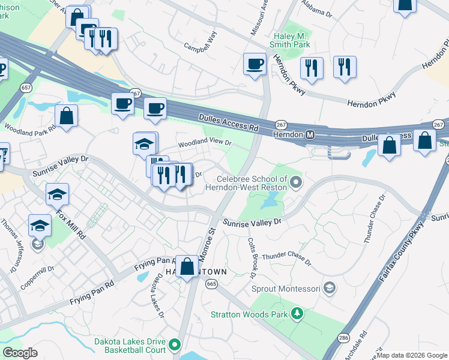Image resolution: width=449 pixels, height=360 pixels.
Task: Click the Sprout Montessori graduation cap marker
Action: point(328,289)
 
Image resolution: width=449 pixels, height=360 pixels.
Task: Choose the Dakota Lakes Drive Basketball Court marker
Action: point(175,344)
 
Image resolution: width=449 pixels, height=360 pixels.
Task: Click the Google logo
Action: point(20,353)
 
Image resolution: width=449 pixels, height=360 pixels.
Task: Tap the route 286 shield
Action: point(343,337)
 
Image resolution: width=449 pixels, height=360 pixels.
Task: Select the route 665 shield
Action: point(211,284)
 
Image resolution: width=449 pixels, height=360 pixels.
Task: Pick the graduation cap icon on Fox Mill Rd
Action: point(58,194)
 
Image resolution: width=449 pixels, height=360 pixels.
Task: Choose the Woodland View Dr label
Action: point(203,143)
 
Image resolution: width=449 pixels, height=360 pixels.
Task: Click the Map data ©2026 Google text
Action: point(412,355)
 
